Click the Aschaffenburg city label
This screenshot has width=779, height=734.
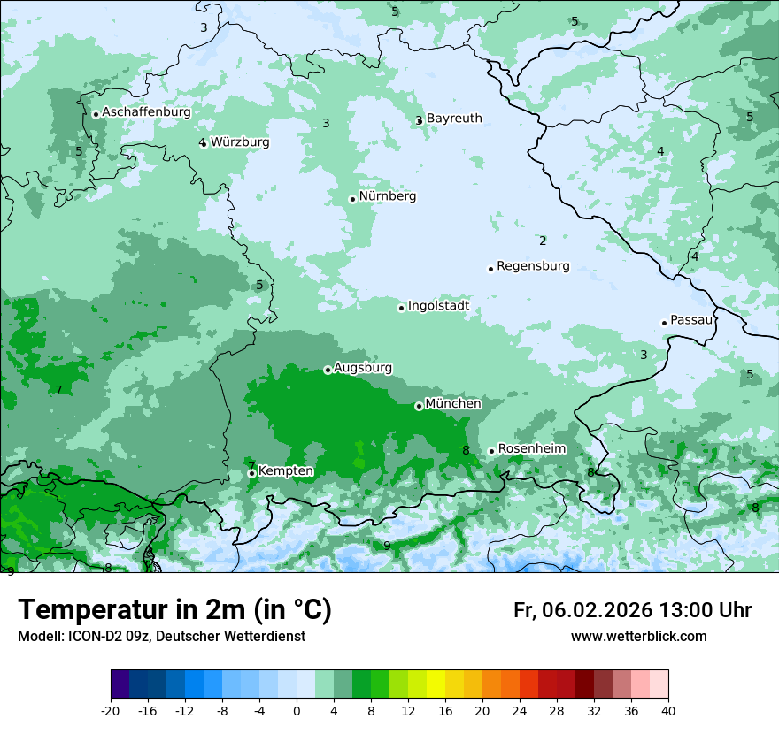pos(146,112)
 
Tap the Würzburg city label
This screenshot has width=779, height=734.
pos(240,142)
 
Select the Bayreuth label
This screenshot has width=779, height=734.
pos(454,119)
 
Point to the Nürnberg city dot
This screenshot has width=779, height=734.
pos(352,199)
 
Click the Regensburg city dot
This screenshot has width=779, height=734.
pos(490,269)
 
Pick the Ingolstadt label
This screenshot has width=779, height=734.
pos(438,306)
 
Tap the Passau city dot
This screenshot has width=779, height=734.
pos(664,323)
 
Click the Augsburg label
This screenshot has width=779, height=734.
pos(363,367)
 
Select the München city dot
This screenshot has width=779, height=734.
pos(419,406)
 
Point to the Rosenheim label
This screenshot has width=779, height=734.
pos(531,449)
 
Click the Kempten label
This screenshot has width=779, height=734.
pos(285,471)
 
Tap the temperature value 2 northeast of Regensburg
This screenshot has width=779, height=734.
pos(543,241)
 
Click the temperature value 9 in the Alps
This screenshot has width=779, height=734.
pos(387,546)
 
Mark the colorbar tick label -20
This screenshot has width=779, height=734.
pos(111,710)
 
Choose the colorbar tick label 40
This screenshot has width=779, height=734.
pos(668,710)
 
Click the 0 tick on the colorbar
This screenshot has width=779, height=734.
pos(297,710)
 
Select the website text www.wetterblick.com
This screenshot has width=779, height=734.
pos(638,637)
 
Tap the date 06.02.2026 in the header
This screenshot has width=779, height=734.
pos(597,611)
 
